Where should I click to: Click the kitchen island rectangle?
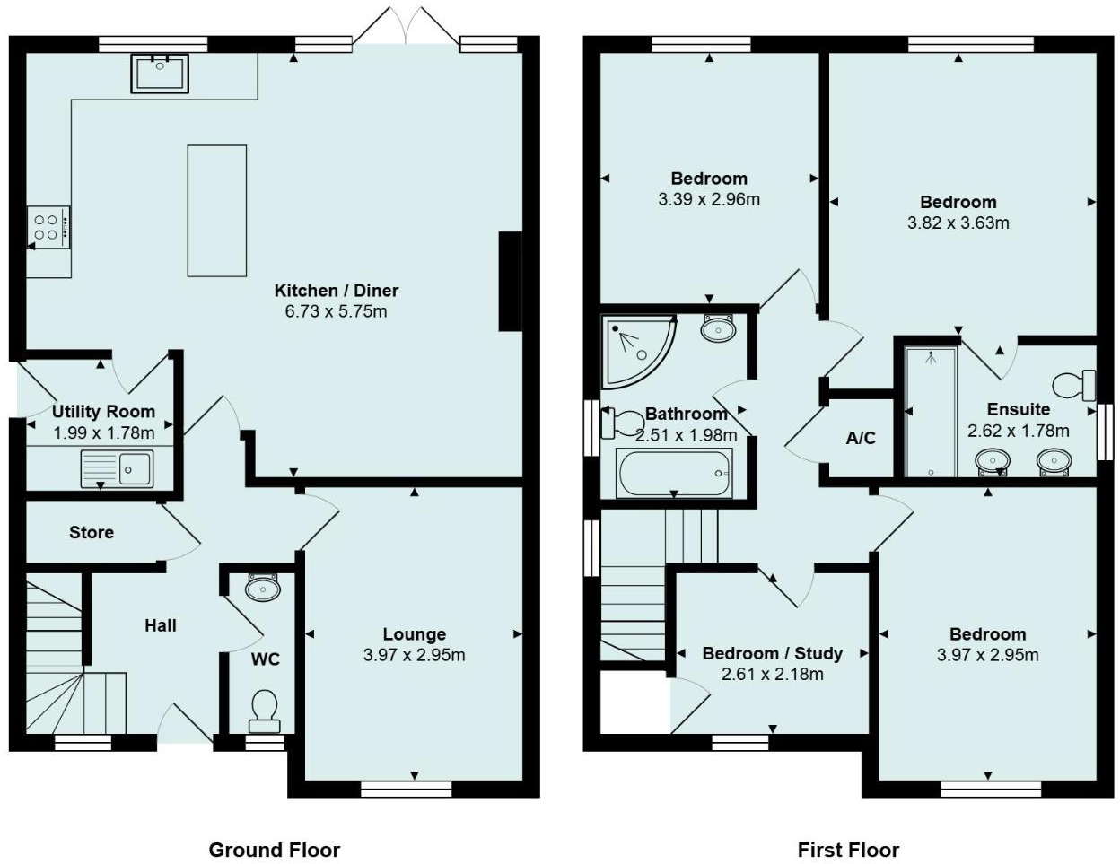pos(216,210)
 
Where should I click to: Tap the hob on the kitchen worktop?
pos(48,226)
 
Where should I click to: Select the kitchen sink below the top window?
pos(160,73)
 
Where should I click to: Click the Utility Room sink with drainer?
pos(117,468)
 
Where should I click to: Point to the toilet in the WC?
pos(264,706)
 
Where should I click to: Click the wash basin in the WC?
pos(263,589)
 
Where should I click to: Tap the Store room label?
pos(92,532)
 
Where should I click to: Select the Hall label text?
pos(161,625)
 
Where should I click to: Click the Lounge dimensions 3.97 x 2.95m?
pos(414,655)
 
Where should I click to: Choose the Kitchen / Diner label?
pos(336,291)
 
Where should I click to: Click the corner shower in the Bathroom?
pos(635,350)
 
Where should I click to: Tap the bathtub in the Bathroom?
pos(674,472)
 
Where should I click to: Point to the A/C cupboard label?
pos(861,438)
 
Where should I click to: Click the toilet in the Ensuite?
pos(1072,385)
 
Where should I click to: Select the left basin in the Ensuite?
pos(993,461)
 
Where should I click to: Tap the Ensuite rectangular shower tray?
pos(931,411)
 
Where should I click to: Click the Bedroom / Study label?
pos(772,653)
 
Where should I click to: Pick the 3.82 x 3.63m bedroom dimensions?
pos(958,223)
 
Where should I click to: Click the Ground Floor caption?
pos(274,850)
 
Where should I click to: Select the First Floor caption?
pos(848,850)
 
